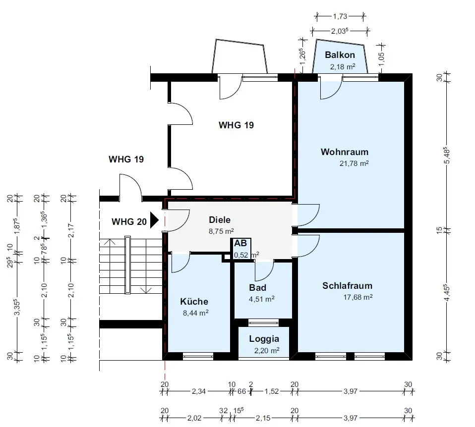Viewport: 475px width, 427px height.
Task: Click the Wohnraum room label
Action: pyautogui.click(x=345, y=152)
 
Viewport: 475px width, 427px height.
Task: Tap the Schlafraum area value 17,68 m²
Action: pyautogui.click(x=358, y=297)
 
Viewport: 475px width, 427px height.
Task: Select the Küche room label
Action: pyautogui.click(x=194, y=301)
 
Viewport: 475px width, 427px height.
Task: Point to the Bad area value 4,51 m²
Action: pyautogui.click(x=261, y=299)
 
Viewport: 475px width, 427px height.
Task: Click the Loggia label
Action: pyautogui.click(x=264, y=339)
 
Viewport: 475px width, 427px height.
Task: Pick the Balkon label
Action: pyautogui.click(x=340, y=55)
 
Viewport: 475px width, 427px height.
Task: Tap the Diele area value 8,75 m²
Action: pyautogui.click(x=221, y=231)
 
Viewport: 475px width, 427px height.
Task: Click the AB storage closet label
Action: pyautogui.click(x=240, y=243)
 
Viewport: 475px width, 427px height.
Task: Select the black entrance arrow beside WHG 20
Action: pyautogui.click(x=155, y=220)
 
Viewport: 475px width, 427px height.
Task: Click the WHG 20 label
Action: pyautogui.click(x=129, y=221)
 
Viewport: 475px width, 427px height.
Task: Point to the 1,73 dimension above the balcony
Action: pyautogui.click(x=340, y=16)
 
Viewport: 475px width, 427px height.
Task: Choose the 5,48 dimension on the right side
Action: pyautogui.click(x=447, y=156)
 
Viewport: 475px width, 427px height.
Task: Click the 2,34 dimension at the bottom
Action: pyautogui.click(x=199, y=391)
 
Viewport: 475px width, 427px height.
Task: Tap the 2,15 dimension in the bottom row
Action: pyautogui.click(x=263, y=418)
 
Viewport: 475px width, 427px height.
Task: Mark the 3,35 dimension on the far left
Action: pyautogui.click(x=17, y=307)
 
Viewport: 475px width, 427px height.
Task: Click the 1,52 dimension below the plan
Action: pyautogui.click(x=271, y=391)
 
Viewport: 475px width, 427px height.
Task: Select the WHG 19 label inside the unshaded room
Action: pyautogui.click(x=237, y=125)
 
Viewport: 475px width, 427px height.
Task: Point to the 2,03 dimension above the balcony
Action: pyautogui.click(x=340, y=31)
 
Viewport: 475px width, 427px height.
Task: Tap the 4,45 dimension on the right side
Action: pyautogui.click(x=447, y=293)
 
